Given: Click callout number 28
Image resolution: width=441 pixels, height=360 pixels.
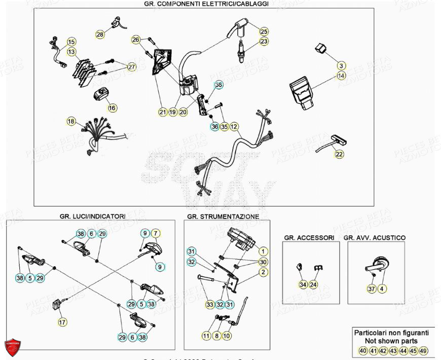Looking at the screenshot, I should point(100,34).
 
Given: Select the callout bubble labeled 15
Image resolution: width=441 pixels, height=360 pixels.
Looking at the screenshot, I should point(71,42).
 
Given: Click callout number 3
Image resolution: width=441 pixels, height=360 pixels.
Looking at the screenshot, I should point(342,66).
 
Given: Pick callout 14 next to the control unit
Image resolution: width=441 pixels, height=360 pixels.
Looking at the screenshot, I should point(342,76).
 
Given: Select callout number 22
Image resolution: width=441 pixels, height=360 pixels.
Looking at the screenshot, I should point(339,154).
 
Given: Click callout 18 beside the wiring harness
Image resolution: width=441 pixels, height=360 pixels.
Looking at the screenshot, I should point(71,121).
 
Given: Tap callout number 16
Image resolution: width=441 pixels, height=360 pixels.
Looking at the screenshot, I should point(112,108).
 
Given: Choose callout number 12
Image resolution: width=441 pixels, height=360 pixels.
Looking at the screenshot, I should point(234,126).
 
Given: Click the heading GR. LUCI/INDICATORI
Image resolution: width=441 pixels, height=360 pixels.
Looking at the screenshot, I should point(92,216).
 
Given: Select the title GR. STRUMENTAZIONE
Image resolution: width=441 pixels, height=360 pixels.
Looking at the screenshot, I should point(223,217).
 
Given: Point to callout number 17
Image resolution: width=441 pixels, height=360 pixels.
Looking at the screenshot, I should point(62,321).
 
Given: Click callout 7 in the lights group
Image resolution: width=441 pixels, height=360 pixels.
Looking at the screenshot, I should point(156,233).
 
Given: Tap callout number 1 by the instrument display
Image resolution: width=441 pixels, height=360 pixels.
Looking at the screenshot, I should point(263,251).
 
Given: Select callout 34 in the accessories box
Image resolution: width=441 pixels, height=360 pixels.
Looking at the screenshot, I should point(303,284).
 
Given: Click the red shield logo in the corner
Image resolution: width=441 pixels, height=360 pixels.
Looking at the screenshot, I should point(13,347).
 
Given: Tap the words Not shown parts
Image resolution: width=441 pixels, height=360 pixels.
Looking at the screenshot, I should point(391,341).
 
